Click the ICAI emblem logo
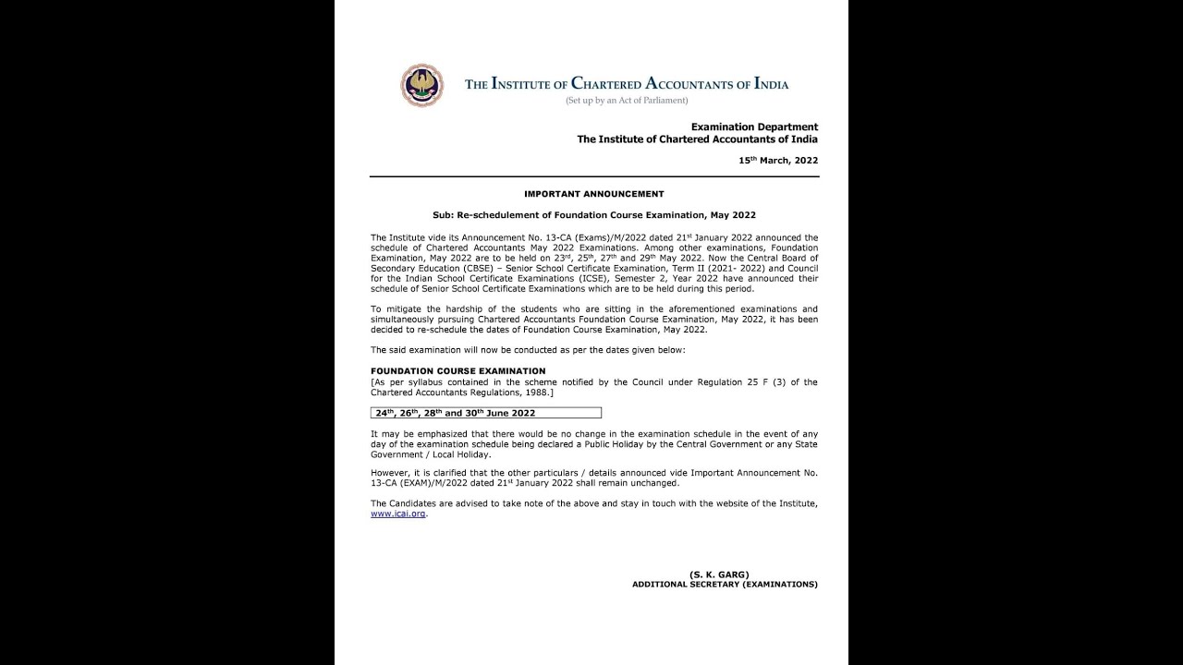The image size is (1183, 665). click(x=421, y=85)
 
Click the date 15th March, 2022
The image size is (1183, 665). click(x=777, y=161)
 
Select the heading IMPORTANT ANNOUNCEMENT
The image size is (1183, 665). click(x=593, y=194)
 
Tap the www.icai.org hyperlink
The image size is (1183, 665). click(x=398, y=514)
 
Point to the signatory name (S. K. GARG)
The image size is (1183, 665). click(x=718, y=574)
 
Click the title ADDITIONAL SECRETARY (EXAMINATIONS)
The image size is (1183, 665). click(x=725, y=585)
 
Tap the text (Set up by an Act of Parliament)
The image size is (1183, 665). click(x=628, y=100)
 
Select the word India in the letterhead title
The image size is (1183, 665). click(x=772, y=84)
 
